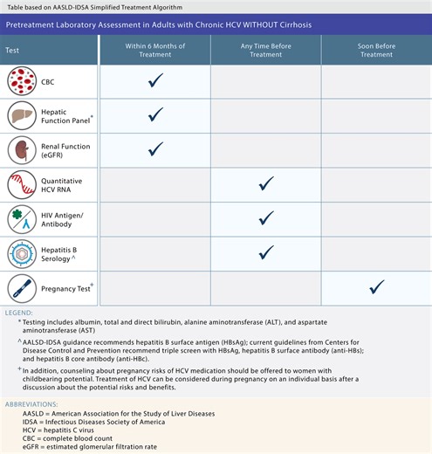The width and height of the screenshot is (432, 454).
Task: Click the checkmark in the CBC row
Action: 156,80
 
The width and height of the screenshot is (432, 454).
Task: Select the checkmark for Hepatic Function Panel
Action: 156,114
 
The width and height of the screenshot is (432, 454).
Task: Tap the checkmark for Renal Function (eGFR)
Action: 156,148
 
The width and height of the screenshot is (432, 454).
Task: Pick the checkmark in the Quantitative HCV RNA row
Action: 266,183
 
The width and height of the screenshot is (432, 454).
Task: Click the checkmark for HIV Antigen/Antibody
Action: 266,217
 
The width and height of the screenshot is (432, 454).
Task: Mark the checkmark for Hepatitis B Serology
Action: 266,252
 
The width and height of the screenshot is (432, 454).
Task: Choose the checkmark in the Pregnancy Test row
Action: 377,286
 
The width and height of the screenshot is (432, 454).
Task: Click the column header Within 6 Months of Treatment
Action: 156,49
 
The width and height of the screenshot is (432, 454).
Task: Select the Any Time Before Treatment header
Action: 266,49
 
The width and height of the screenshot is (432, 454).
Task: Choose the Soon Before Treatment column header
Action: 377,49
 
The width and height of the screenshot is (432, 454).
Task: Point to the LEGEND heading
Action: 21,312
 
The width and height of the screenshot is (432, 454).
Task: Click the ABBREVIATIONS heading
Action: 34,405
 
